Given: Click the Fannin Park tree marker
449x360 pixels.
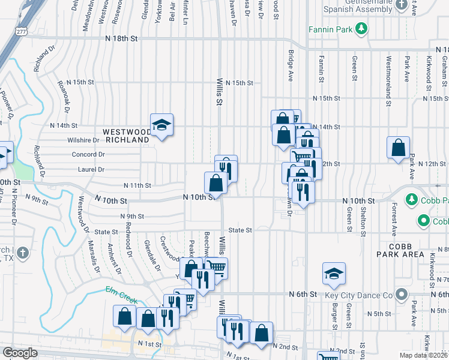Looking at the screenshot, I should (x=361, y=28).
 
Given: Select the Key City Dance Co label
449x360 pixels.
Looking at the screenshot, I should (x=358, y=295).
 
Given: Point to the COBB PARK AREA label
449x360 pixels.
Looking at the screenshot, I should (x=402, y=250).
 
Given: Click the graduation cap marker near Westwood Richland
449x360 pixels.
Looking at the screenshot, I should (x=161, y=125).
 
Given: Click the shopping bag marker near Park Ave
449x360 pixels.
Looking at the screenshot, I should (x=399, y=148).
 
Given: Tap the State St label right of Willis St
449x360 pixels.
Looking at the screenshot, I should (x=240, y=230).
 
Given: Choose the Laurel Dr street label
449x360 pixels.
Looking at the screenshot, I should (x=91, y=170).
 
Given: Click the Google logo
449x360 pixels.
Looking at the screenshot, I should (x=20, y=353).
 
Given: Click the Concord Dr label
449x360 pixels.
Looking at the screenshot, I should (x=88, y=154).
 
